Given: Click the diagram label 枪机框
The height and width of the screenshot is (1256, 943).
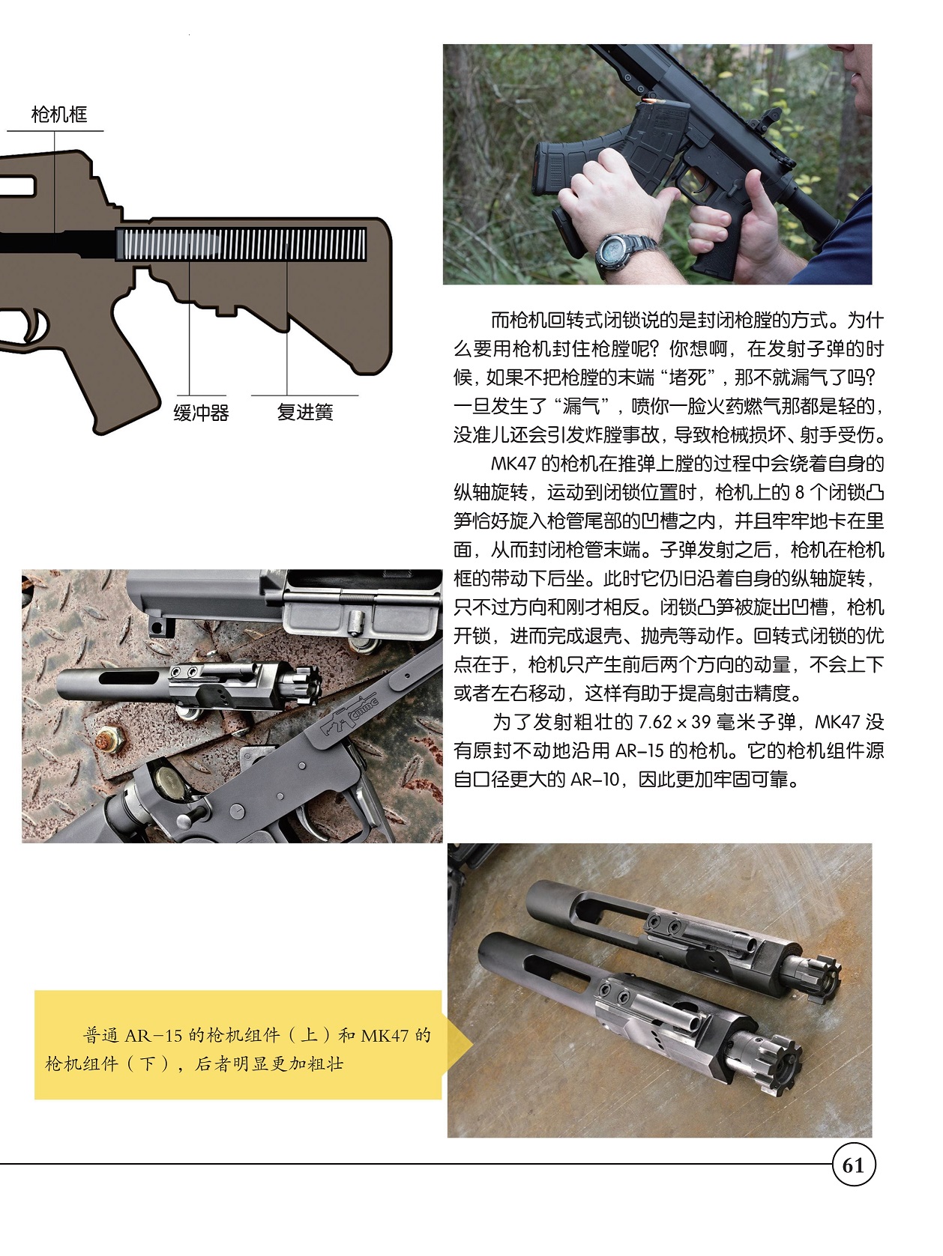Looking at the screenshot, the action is pos(59,115).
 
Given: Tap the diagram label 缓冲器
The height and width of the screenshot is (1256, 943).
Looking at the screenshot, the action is pos(201,412).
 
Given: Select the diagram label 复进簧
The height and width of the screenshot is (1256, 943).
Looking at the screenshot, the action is pos(304,412).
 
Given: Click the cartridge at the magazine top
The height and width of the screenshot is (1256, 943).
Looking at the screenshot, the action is pos(648,101).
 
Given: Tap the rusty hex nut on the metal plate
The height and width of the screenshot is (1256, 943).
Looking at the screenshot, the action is pos(112,741).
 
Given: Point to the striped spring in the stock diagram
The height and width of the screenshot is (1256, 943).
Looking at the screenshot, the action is pos(241,244).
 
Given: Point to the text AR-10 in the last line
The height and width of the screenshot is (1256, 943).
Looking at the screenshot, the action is pos(595,779).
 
